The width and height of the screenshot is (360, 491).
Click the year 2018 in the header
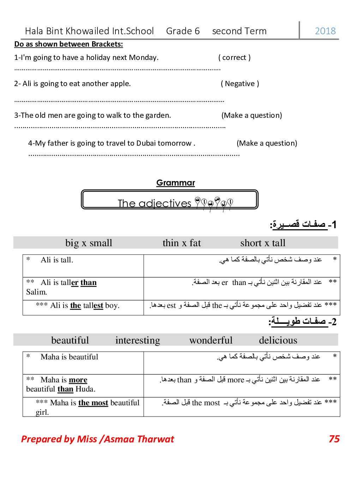325,31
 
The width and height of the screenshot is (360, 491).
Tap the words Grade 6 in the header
183,31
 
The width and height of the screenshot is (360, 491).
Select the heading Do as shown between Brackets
68,44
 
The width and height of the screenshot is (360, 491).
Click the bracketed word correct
234,57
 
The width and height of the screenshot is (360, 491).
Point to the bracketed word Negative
240,84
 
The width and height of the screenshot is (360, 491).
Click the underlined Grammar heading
175,183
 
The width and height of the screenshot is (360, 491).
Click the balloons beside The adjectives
214,204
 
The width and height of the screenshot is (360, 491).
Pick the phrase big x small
89,243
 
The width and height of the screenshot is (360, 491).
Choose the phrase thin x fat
181,243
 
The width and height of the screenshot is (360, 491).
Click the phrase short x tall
263,243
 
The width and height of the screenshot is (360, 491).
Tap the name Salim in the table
36,292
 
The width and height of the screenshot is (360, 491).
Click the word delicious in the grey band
278,340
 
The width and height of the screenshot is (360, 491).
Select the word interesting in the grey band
138,340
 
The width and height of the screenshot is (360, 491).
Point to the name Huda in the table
85,389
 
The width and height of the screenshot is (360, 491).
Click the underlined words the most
93,403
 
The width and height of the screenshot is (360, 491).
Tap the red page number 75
334,439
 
